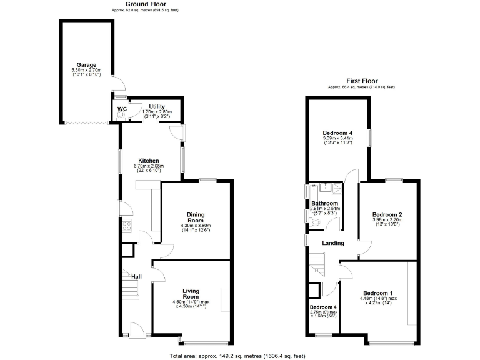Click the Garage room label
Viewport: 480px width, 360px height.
[86, 64]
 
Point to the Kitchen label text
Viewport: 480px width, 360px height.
[149, 161]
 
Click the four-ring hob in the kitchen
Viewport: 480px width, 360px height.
[126, 226]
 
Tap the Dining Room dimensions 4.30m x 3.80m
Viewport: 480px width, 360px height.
[196, 226]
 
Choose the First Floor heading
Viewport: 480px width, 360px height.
[362, 81]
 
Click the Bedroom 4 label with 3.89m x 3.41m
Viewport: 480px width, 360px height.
[337, 133]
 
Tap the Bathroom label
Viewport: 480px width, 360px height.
[325, 204]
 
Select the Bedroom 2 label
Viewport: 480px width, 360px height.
[387, 214]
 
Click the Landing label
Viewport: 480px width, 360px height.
[333, 243]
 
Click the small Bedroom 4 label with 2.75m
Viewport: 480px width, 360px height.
[324, 307]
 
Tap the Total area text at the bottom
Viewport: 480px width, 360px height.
[237, 356]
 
